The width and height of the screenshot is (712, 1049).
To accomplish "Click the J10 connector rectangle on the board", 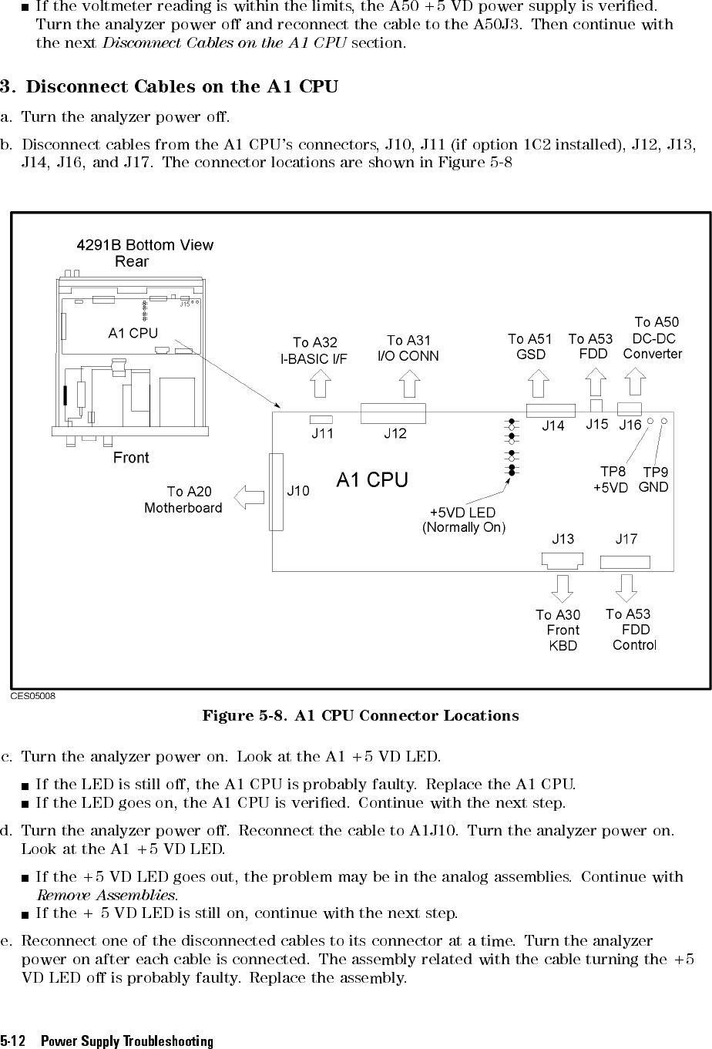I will [x=276, y=492].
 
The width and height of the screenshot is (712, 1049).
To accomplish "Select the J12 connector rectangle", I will [x=393, y=413].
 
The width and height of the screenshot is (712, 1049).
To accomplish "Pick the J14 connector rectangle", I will [x=550, y=411].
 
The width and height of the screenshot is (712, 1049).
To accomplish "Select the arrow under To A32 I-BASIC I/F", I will [x=318, y=385].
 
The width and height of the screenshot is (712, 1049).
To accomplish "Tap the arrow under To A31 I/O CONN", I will [x=410, y=384].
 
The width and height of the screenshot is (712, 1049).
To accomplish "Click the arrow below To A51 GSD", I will [x=539, y=384].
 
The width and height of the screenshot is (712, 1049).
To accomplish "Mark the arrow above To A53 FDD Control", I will [x=626, y=588].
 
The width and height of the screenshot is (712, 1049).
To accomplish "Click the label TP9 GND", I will [x=655, y=479].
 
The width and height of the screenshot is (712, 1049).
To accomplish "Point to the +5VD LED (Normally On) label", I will [x=463, y=520].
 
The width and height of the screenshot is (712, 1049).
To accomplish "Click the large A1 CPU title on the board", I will [x=372, y=479].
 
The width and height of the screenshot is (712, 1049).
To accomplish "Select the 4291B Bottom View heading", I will [x=145, y=245].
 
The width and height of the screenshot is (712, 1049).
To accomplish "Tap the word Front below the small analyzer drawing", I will [x=131, y=458].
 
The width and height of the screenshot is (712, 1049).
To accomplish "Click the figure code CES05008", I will [x=32, y=695].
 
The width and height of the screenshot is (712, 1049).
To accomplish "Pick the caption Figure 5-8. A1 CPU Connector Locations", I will [x=360, y=716].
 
